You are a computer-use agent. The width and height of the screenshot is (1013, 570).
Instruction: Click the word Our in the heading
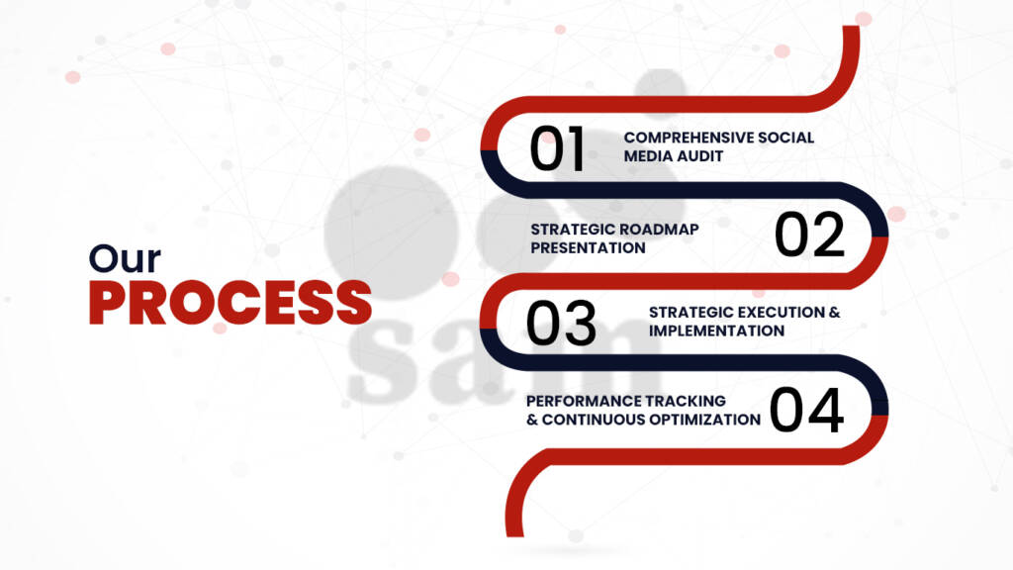[125, 259]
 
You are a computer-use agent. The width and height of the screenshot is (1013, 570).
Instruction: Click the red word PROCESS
[230, 303]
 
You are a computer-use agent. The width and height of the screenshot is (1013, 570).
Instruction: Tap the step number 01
[557, 148]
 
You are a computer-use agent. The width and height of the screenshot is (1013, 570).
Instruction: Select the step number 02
[809, 235]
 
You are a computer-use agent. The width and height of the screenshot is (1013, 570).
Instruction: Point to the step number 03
[561, 323]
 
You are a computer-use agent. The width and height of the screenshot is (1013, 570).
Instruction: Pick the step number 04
[807, 410]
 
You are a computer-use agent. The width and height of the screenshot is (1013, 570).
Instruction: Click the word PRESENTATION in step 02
[588, 248]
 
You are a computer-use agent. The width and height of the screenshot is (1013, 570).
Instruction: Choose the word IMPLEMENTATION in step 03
[716, 331]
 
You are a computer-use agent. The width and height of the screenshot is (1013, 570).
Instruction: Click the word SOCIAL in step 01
[786, 138]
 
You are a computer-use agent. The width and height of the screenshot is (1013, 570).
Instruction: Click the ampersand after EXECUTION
[835, 312]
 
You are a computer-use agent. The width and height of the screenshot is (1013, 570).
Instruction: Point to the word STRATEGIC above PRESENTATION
[570, 230]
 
